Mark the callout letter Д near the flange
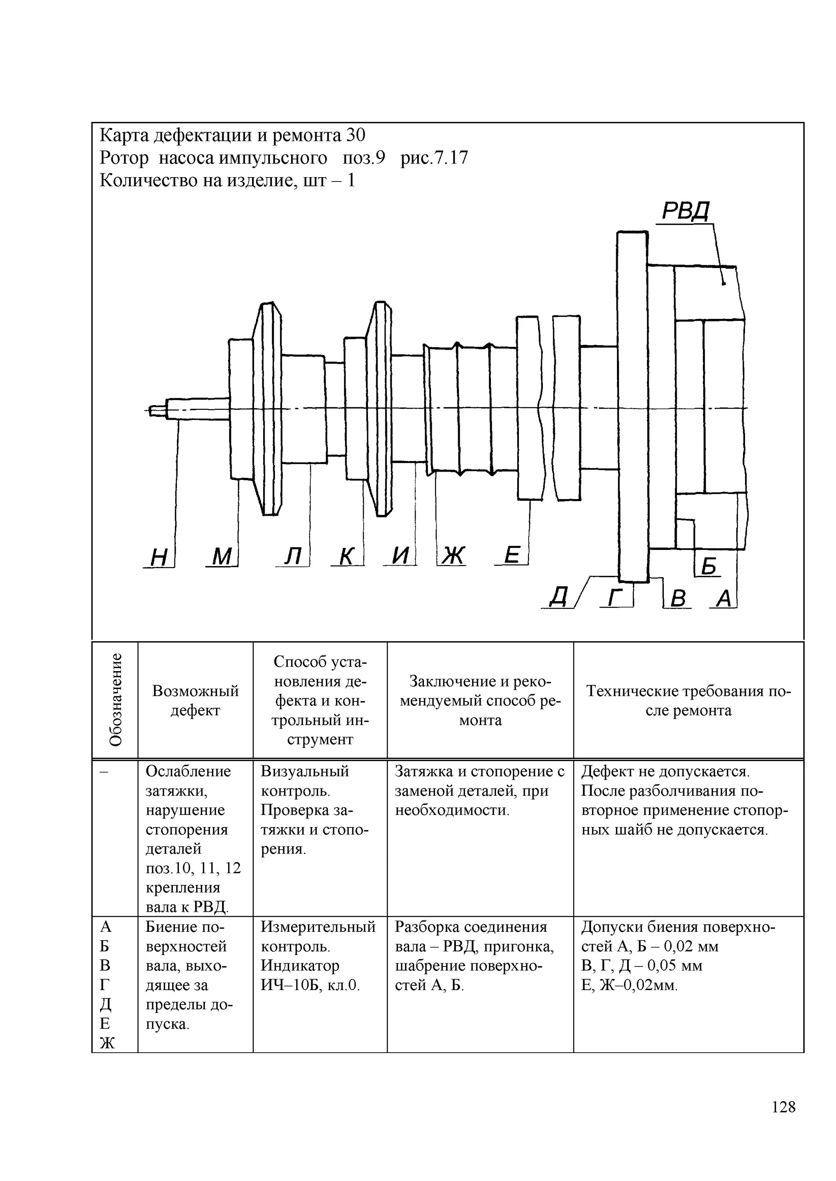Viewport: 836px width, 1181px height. (559, 597)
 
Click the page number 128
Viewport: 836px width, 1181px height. (784, 1121)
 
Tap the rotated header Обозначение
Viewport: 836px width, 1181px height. (116, 700)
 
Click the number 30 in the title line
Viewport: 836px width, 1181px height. (355, 135)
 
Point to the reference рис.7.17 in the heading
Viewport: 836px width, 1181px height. (435, 158)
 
